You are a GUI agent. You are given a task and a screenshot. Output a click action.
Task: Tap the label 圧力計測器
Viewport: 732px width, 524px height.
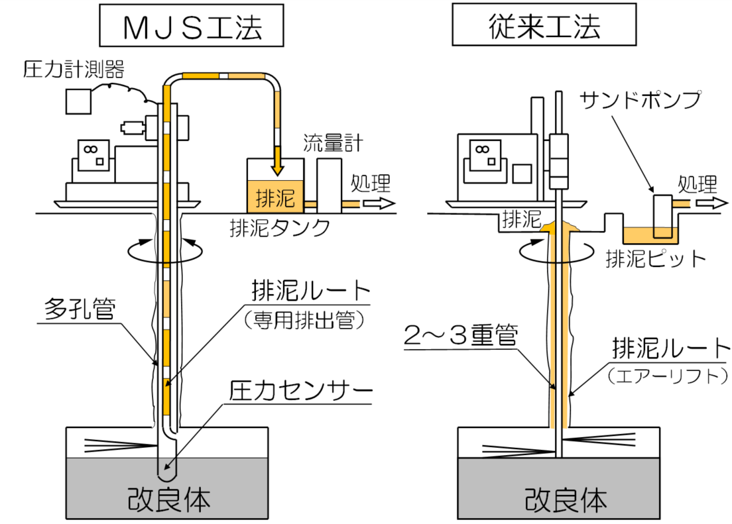pyautogui.click(x=74, y=68)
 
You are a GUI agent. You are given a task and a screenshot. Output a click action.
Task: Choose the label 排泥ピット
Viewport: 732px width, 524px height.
pyautogui.click(x=656, y=259)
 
